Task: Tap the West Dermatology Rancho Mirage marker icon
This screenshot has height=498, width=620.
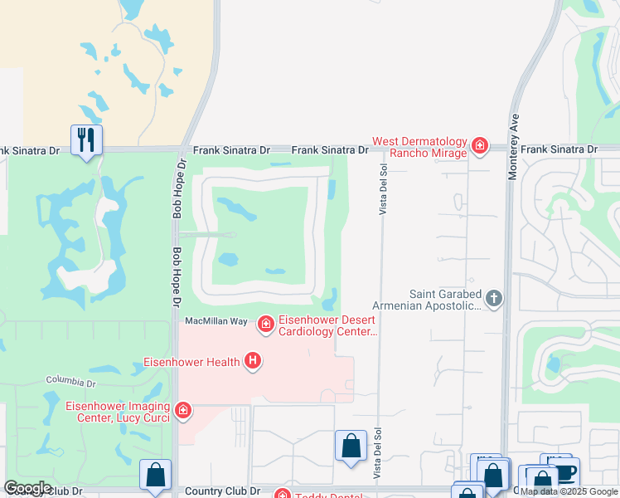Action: (479, 147)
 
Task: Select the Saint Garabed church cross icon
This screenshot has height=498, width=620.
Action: (494, 299)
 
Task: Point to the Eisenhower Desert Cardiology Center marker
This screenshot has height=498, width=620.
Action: (265, 324)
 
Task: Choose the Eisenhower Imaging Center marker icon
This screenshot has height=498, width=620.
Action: (183, 410)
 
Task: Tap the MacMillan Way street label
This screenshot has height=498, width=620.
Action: (216, 321)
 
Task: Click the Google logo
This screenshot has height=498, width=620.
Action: (27, 488)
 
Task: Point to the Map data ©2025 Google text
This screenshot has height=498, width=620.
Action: (569, 491)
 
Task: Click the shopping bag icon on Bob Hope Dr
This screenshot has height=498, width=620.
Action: (155, 475)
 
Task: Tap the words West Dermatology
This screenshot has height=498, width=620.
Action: (419, 142)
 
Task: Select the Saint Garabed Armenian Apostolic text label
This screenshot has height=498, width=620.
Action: (445, 300)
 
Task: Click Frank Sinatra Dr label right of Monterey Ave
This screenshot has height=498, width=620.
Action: (559, 149)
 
